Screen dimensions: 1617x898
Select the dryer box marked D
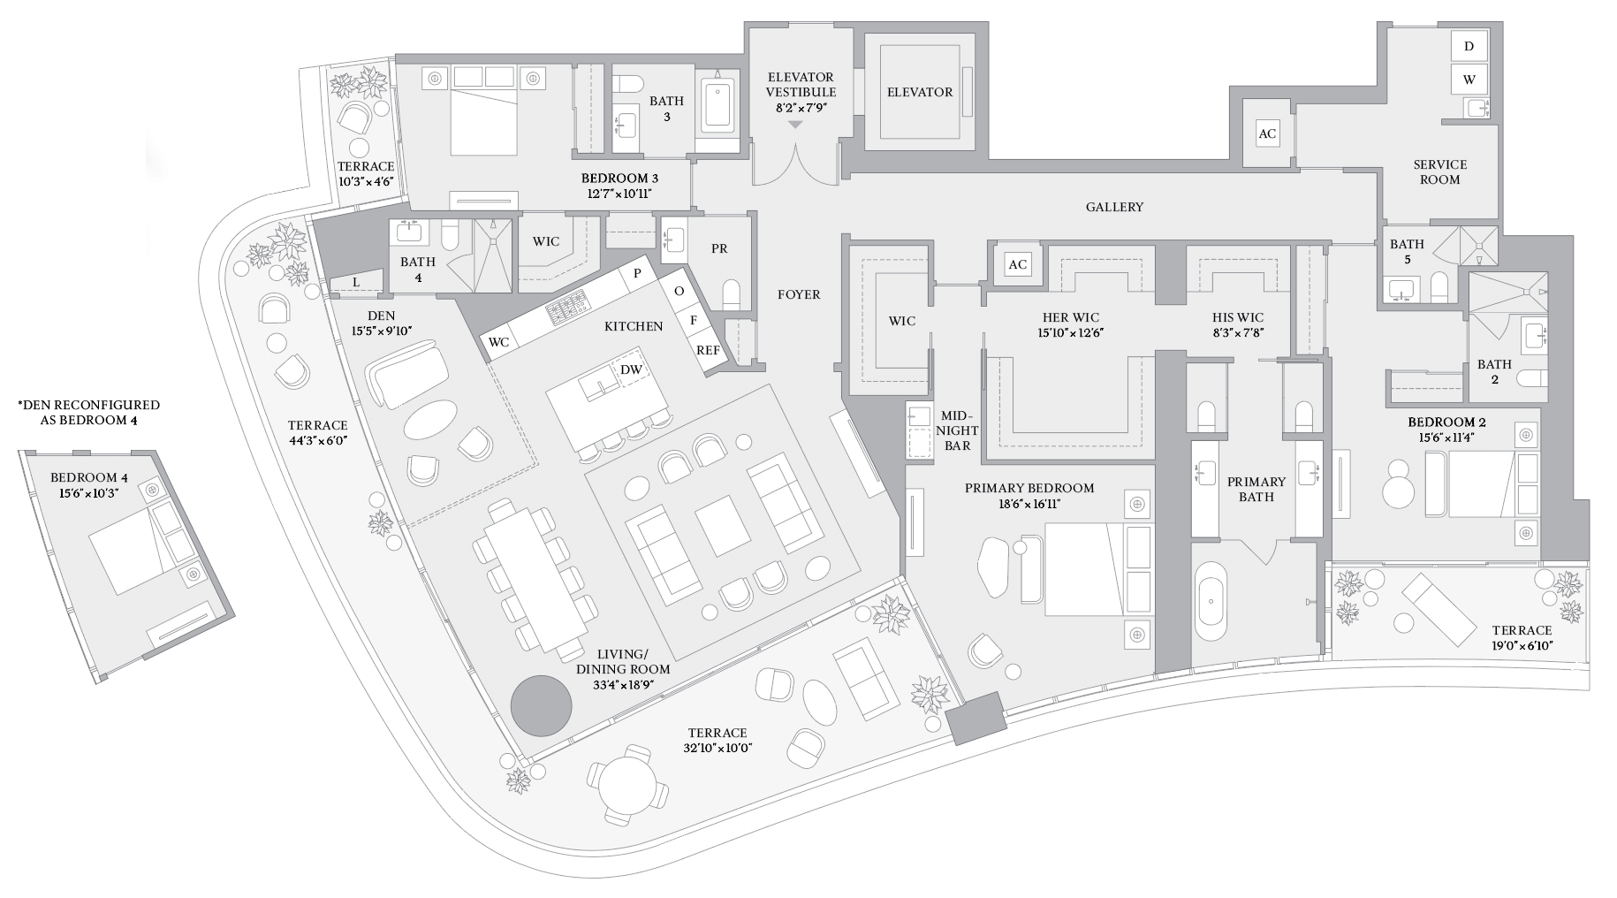(x=1469, y=46)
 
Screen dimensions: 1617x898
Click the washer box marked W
(x=1469, y=79)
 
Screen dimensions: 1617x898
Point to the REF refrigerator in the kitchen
(x=707, y=350)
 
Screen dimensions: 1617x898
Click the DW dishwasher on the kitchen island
(x=631, y=369)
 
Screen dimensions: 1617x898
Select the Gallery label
(x=1114, y=207)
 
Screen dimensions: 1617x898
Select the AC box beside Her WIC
(x=1018, y=264)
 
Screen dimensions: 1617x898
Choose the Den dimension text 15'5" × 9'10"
(x=381, y=331)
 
